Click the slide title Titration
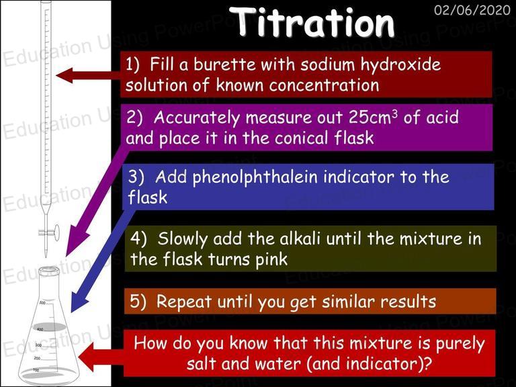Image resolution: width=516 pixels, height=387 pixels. pos(311,22)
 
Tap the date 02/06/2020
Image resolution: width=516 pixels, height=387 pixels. pos(472,10)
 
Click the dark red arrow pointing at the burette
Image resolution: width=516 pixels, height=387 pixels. pos(89,75)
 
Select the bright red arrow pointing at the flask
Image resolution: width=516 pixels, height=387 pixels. pos(101,357)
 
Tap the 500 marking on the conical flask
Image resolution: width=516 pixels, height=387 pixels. pos(42,302)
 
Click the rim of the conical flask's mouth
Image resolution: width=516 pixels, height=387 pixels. pos(48,271)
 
